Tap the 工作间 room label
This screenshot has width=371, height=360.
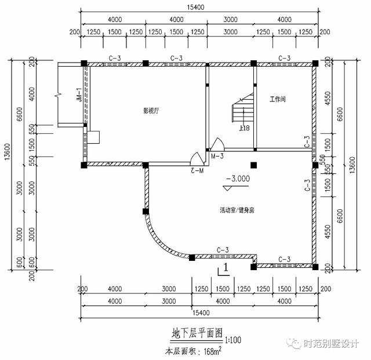coord(277,100)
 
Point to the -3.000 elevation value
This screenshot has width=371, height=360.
coord(238,179)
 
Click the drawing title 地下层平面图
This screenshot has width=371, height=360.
coord(197,333)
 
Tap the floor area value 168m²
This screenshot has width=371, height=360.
coord(210,351)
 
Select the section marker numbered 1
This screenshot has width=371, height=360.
coord(225,270)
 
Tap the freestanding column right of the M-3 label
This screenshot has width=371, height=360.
coord(253,165)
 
